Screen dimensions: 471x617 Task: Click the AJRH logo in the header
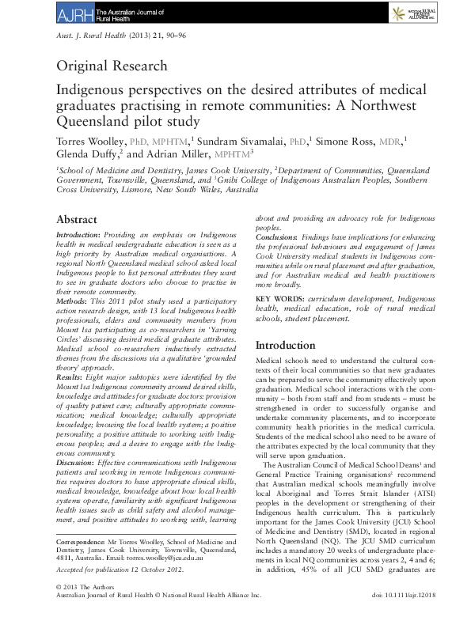click(x=76, y=12)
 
